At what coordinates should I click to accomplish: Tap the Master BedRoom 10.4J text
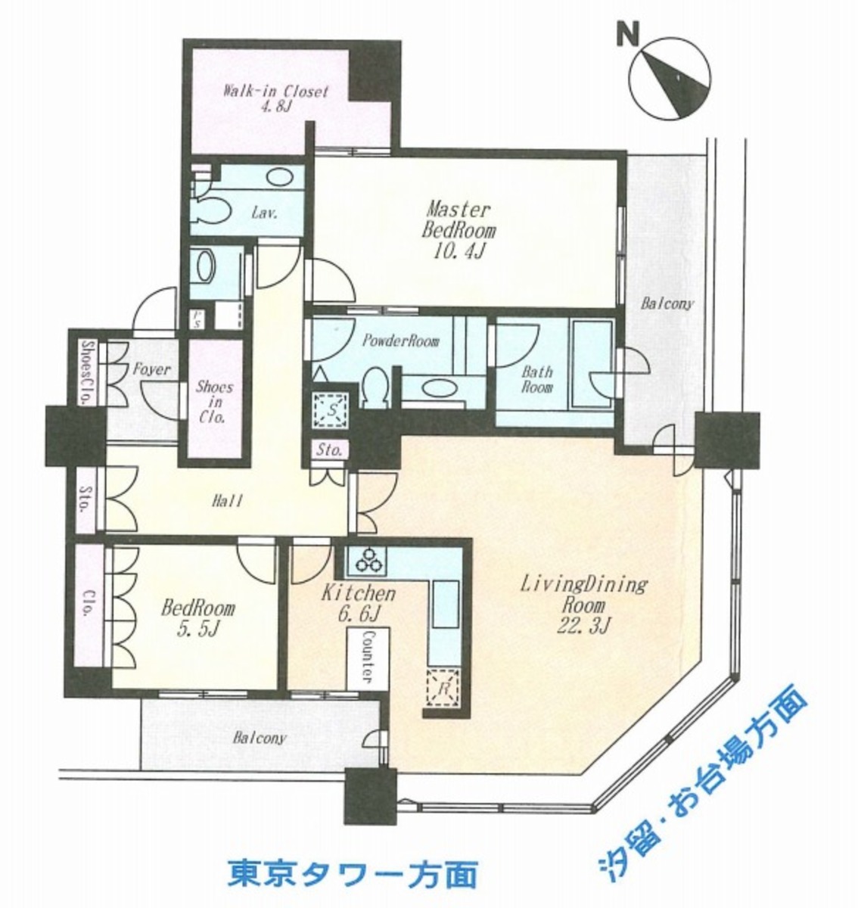click(x=459, y=230)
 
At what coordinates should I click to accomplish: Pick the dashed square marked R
click(x=442, y=690)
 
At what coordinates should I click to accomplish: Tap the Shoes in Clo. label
click(x=214, y=401)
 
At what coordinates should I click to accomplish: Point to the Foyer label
click(x=152, y=370)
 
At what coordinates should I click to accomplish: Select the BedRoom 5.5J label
click(x=197, y=617)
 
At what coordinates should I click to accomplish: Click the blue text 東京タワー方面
click(x=353, y=875)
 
